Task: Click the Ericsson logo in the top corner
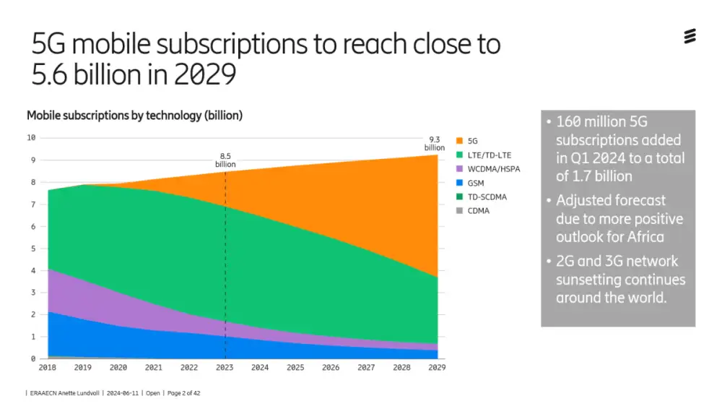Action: (690, 36)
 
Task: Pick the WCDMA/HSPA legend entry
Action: (494, 169)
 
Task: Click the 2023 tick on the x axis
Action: (225, 368)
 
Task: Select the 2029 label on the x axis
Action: (436, 368)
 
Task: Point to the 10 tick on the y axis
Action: (31, 137)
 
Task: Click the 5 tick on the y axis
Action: (32, 249)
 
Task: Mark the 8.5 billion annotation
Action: (225, 160)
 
